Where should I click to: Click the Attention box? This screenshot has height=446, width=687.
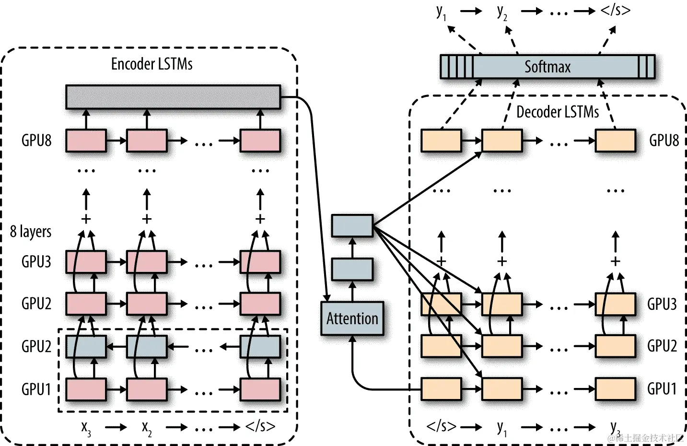(352, 318)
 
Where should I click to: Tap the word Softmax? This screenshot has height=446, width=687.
(547, 67)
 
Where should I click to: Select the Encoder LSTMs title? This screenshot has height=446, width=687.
(151, 64)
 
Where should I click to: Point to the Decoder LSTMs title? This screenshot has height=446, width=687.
(557, 112)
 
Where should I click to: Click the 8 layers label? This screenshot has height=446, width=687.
(31, 232)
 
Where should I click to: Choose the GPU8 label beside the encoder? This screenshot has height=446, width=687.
(36, 141)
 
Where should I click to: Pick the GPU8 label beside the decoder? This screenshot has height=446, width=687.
(664, 141)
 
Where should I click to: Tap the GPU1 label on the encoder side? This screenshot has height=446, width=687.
(36, 389)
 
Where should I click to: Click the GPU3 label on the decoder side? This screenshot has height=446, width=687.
(662, 304)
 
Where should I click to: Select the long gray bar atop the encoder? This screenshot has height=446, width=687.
(173, 97)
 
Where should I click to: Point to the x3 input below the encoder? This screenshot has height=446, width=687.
(86, 427)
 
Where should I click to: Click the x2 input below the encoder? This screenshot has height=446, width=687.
(147, 427)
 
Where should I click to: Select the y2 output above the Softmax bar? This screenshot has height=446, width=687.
(501, 12)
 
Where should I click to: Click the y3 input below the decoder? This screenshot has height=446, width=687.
(615, 427)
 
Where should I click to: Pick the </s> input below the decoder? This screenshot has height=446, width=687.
(441, 426)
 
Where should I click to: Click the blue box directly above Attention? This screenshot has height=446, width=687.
(352, 269)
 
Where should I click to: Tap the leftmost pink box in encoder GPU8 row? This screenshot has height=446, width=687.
(86, 141)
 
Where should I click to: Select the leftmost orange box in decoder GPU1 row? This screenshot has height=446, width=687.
(441, 389)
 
